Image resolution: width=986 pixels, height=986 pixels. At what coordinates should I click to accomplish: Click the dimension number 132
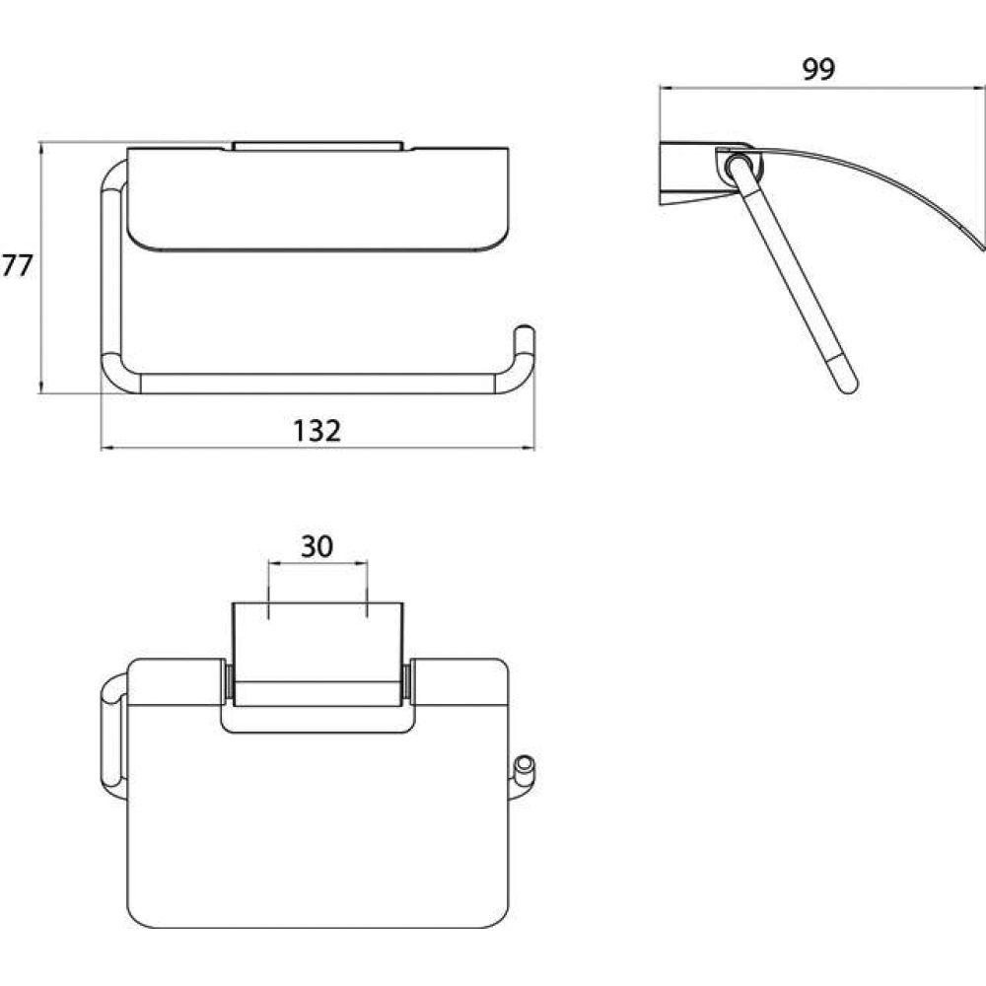click(317, 431)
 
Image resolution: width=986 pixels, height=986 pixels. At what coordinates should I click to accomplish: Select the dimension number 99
click(818, 69)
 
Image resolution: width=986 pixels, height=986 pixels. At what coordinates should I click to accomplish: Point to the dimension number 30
click(317, 546)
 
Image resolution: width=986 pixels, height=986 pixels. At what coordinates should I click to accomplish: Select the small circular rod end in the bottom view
click(524, 765)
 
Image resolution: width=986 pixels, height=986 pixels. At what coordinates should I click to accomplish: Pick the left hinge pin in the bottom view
click(230, 681)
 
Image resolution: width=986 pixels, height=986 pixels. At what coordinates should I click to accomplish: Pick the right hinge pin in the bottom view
click(406, 681)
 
